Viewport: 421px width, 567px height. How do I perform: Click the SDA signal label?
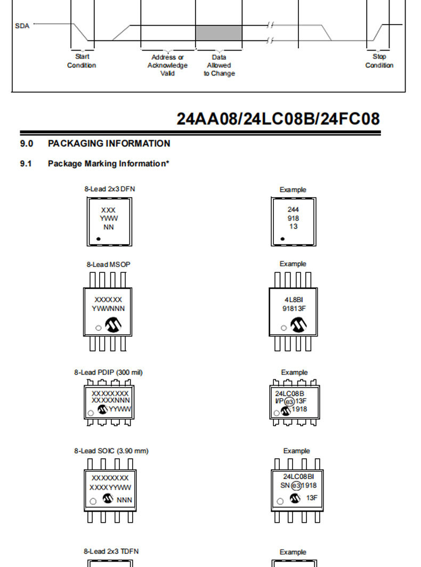click(22, 26)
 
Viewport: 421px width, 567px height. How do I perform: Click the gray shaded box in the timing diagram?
click(219, 33)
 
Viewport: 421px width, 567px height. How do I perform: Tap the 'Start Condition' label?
click(82, 61)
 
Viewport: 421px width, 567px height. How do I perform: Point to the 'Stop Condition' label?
click(379, 61)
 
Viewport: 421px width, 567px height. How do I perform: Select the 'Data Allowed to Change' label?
click(219, 65)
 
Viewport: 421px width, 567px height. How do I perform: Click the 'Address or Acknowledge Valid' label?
click(167, 65)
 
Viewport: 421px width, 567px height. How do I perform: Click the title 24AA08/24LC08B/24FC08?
click(278, 119)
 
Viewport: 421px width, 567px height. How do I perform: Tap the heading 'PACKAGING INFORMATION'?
click(109, 143)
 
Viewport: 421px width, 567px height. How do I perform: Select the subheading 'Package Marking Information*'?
click(109, 164)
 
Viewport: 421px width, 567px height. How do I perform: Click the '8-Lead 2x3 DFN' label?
click(110, 189)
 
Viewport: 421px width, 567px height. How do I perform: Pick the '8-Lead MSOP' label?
click(109, 264)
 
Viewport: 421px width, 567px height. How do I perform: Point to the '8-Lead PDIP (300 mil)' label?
click(109, 372)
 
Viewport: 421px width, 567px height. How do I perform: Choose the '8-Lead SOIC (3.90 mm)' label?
click(111, 451)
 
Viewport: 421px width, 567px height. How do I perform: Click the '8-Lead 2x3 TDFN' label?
click(111, 552)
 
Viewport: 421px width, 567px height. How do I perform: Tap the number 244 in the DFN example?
click(293, 209)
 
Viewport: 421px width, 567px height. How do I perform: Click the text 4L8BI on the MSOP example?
click(294, 300)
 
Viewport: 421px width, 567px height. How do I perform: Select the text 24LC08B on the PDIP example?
click(290, 393)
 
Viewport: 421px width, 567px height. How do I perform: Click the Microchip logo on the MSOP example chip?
click(298, 325)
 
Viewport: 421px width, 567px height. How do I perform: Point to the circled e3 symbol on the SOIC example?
click(296, 485)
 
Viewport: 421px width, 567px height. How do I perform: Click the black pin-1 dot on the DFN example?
click(282, 239)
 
